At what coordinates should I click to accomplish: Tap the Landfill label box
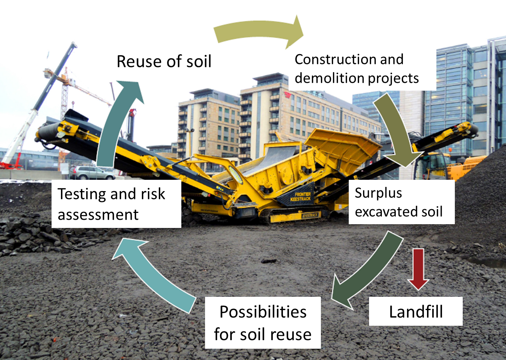[416, 311]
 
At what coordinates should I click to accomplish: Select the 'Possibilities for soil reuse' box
[263, 323]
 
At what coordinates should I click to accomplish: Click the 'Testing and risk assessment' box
[116, 204]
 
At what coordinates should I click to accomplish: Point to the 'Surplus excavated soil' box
[401, 202]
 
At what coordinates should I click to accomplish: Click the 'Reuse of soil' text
[164, 61]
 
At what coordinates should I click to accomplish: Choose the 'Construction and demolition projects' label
[356, 69]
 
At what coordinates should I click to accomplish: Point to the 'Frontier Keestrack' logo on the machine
[300, 196]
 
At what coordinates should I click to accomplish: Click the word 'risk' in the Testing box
[153, 194]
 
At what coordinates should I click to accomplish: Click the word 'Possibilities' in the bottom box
[263, 312]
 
